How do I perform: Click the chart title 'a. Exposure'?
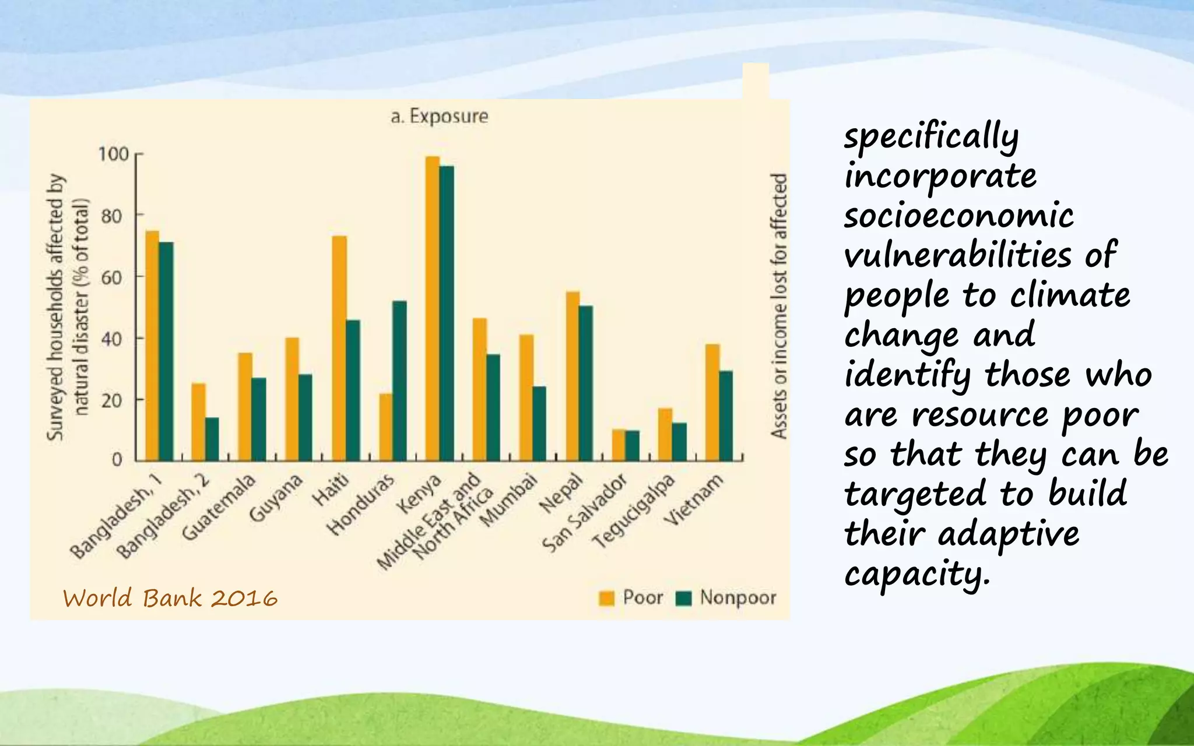[440, 116]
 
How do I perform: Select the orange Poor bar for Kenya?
[433, 309]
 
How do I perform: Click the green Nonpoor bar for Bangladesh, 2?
[212, 439]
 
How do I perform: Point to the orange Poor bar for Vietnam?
[712, 402]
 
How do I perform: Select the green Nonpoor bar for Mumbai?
[539, 424]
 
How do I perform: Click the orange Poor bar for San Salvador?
[619, 445]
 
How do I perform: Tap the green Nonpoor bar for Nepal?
[586, 383]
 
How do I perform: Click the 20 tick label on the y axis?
[111, 400]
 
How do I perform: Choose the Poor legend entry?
[632, 597]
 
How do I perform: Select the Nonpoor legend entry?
[726, 597]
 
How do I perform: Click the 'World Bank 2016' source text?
[170, 599]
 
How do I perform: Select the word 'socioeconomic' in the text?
[958, 215]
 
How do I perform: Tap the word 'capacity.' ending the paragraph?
[917, 573]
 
